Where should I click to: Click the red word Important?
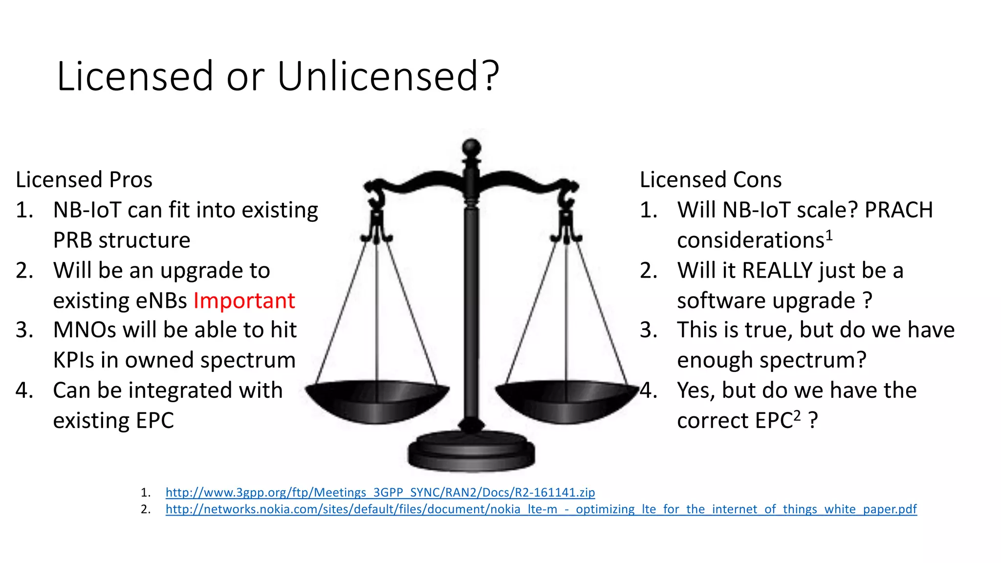click(244, 301)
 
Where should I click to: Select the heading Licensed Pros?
click(84, 180)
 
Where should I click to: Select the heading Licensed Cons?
click(710, 180)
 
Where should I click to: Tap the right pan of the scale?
click(566, 401)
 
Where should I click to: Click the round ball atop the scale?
click(472, 147)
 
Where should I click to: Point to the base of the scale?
click(471, 452)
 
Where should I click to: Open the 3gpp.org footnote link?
click(380, 492)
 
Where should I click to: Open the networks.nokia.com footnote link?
click(541, 509)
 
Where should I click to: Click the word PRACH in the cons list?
click(898, 210)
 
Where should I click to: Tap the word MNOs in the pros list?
click(85, 330)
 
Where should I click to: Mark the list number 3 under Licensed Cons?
click(649, 330)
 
